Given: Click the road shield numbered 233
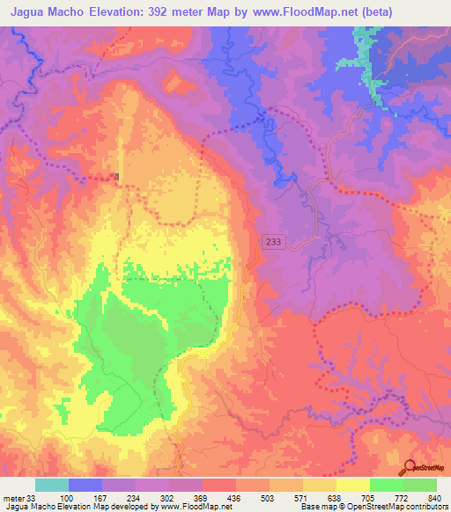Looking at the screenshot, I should pos(273,240).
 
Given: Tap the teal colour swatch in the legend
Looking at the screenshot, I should pos(52,485).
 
